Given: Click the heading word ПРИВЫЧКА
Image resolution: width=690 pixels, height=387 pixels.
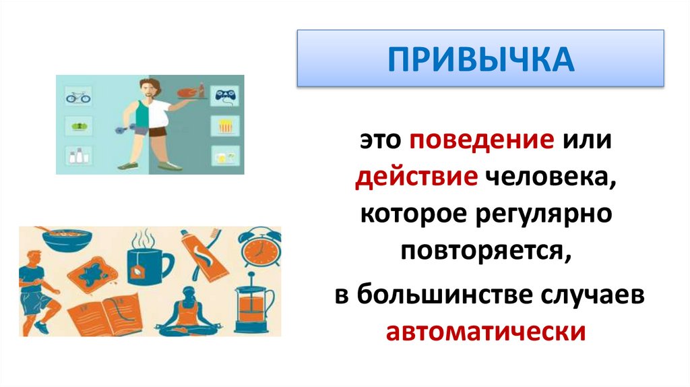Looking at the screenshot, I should click(480, 59).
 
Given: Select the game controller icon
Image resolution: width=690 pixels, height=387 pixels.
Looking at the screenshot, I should click(222, 96).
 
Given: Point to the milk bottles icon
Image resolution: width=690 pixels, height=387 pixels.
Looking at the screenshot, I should click(77, 156).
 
